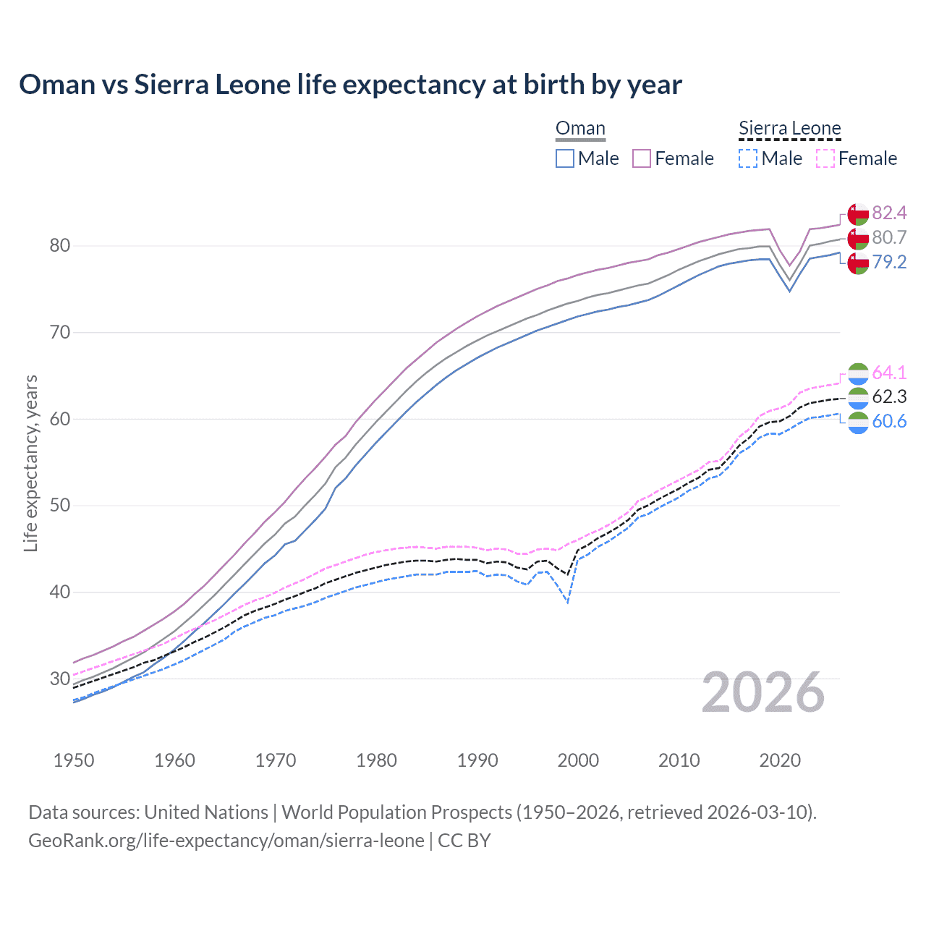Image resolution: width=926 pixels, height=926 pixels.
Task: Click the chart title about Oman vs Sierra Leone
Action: point(350,85)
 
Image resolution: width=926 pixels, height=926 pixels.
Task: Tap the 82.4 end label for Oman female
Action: point(889,213)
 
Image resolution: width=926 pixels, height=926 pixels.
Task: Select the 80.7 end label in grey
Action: point(889,237)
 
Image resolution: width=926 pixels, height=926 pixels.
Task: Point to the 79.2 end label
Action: point(889,262)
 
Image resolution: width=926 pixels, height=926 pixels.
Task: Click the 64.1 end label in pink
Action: point(889,373)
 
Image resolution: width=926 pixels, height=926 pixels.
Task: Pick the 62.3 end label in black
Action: point(889,396)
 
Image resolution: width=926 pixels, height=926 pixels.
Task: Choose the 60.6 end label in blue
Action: point(889,421)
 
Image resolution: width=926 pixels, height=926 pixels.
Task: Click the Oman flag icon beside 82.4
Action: point(858,215)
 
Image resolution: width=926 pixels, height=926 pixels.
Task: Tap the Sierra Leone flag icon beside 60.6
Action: point(858,422)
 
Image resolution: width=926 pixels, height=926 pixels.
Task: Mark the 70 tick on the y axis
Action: point(59,333)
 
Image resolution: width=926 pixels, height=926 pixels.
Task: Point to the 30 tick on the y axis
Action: point(59,679)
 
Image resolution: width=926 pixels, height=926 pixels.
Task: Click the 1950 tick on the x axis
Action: point(74,760)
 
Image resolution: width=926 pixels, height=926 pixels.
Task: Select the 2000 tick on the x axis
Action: point(578,760)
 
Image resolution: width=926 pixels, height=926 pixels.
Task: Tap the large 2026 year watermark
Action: point(763,692)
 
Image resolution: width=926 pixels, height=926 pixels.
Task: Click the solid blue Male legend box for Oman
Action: point(565,158)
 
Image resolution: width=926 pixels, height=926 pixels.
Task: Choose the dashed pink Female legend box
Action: point(825,158)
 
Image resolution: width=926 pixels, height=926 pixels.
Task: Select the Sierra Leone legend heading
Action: point(789,129)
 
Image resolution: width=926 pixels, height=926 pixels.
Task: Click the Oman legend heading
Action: point(580,129)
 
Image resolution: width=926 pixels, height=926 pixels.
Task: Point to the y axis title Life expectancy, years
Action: point(30,463)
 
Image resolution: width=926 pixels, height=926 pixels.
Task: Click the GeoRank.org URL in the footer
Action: point(226,841)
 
